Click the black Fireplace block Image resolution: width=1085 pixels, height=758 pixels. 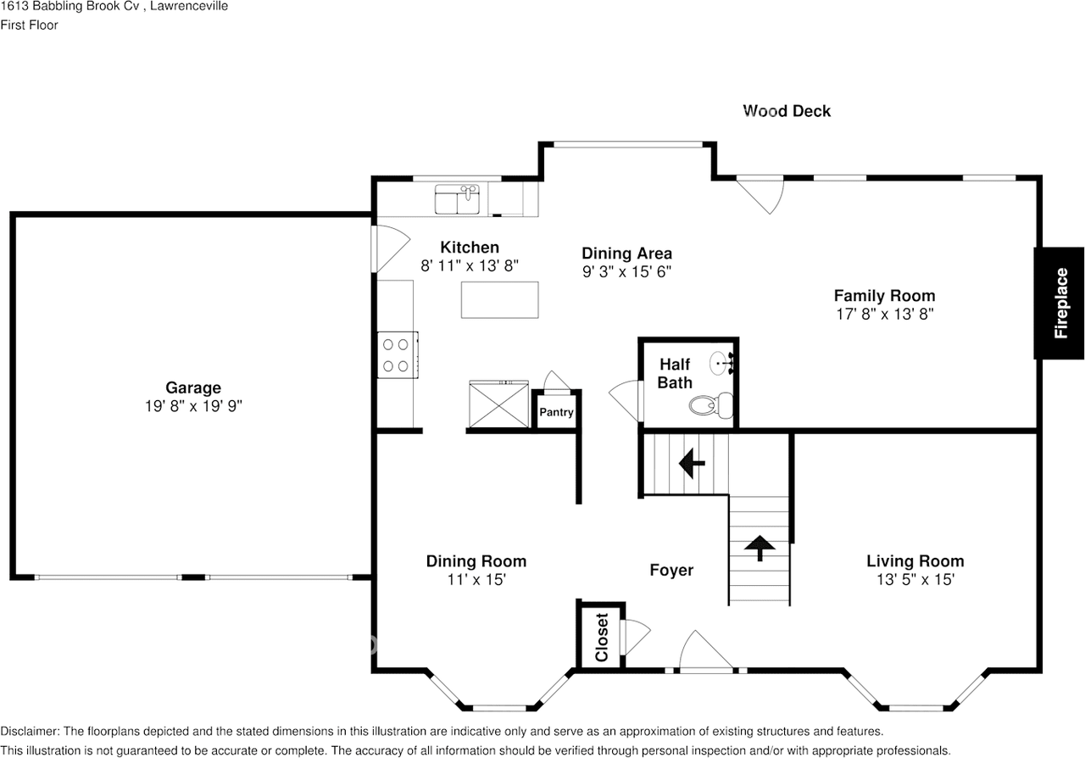coord(1059,303)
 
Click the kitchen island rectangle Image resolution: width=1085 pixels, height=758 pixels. coord(499,299)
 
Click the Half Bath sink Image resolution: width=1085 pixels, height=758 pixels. coord(721,363)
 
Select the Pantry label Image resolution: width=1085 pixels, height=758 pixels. coord(556,413)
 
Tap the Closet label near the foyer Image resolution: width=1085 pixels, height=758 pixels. coord(601,637)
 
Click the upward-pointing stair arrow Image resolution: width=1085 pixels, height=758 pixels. coord(759,547)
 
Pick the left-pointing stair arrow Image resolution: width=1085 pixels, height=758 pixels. coord(693,464)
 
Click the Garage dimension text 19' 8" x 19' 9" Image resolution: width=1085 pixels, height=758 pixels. coord(193,407)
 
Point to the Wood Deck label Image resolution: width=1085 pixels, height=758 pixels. coord(787,111)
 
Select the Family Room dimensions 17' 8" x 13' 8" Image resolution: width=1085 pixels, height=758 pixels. coord(884,314)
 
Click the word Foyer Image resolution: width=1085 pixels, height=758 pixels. coord(671,571)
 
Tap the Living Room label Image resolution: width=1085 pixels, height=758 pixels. coord(915,561)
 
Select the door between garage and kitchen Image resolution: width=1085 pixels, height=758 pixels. coord(384,247)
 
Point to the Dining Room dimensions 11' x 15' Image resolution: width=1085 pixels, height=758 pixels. coord(476,580)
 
